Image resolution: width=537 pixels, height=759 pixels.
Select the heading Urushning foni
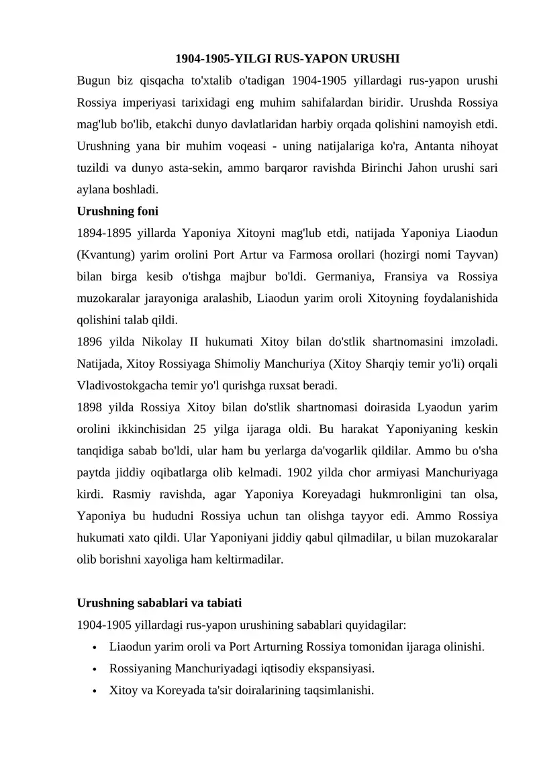[117, 211]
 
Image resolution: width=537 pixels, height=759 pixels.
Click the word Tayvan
[477, 255]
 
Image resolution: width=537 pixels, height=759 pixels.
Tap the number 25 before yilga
[199, 429]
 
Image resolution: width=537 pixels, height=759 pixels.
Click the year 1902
[301, 472]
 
